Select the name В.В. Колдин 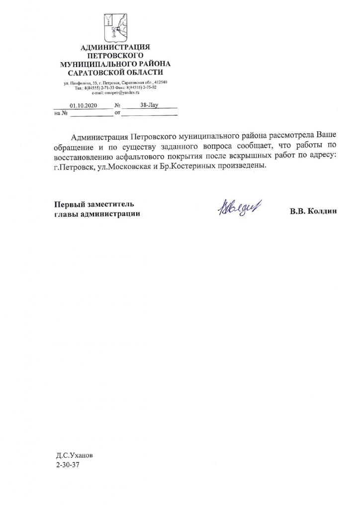pyautogui.click(x=313, y=211)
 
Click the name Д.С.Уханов pyautogui.click(x=75, y=455)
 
